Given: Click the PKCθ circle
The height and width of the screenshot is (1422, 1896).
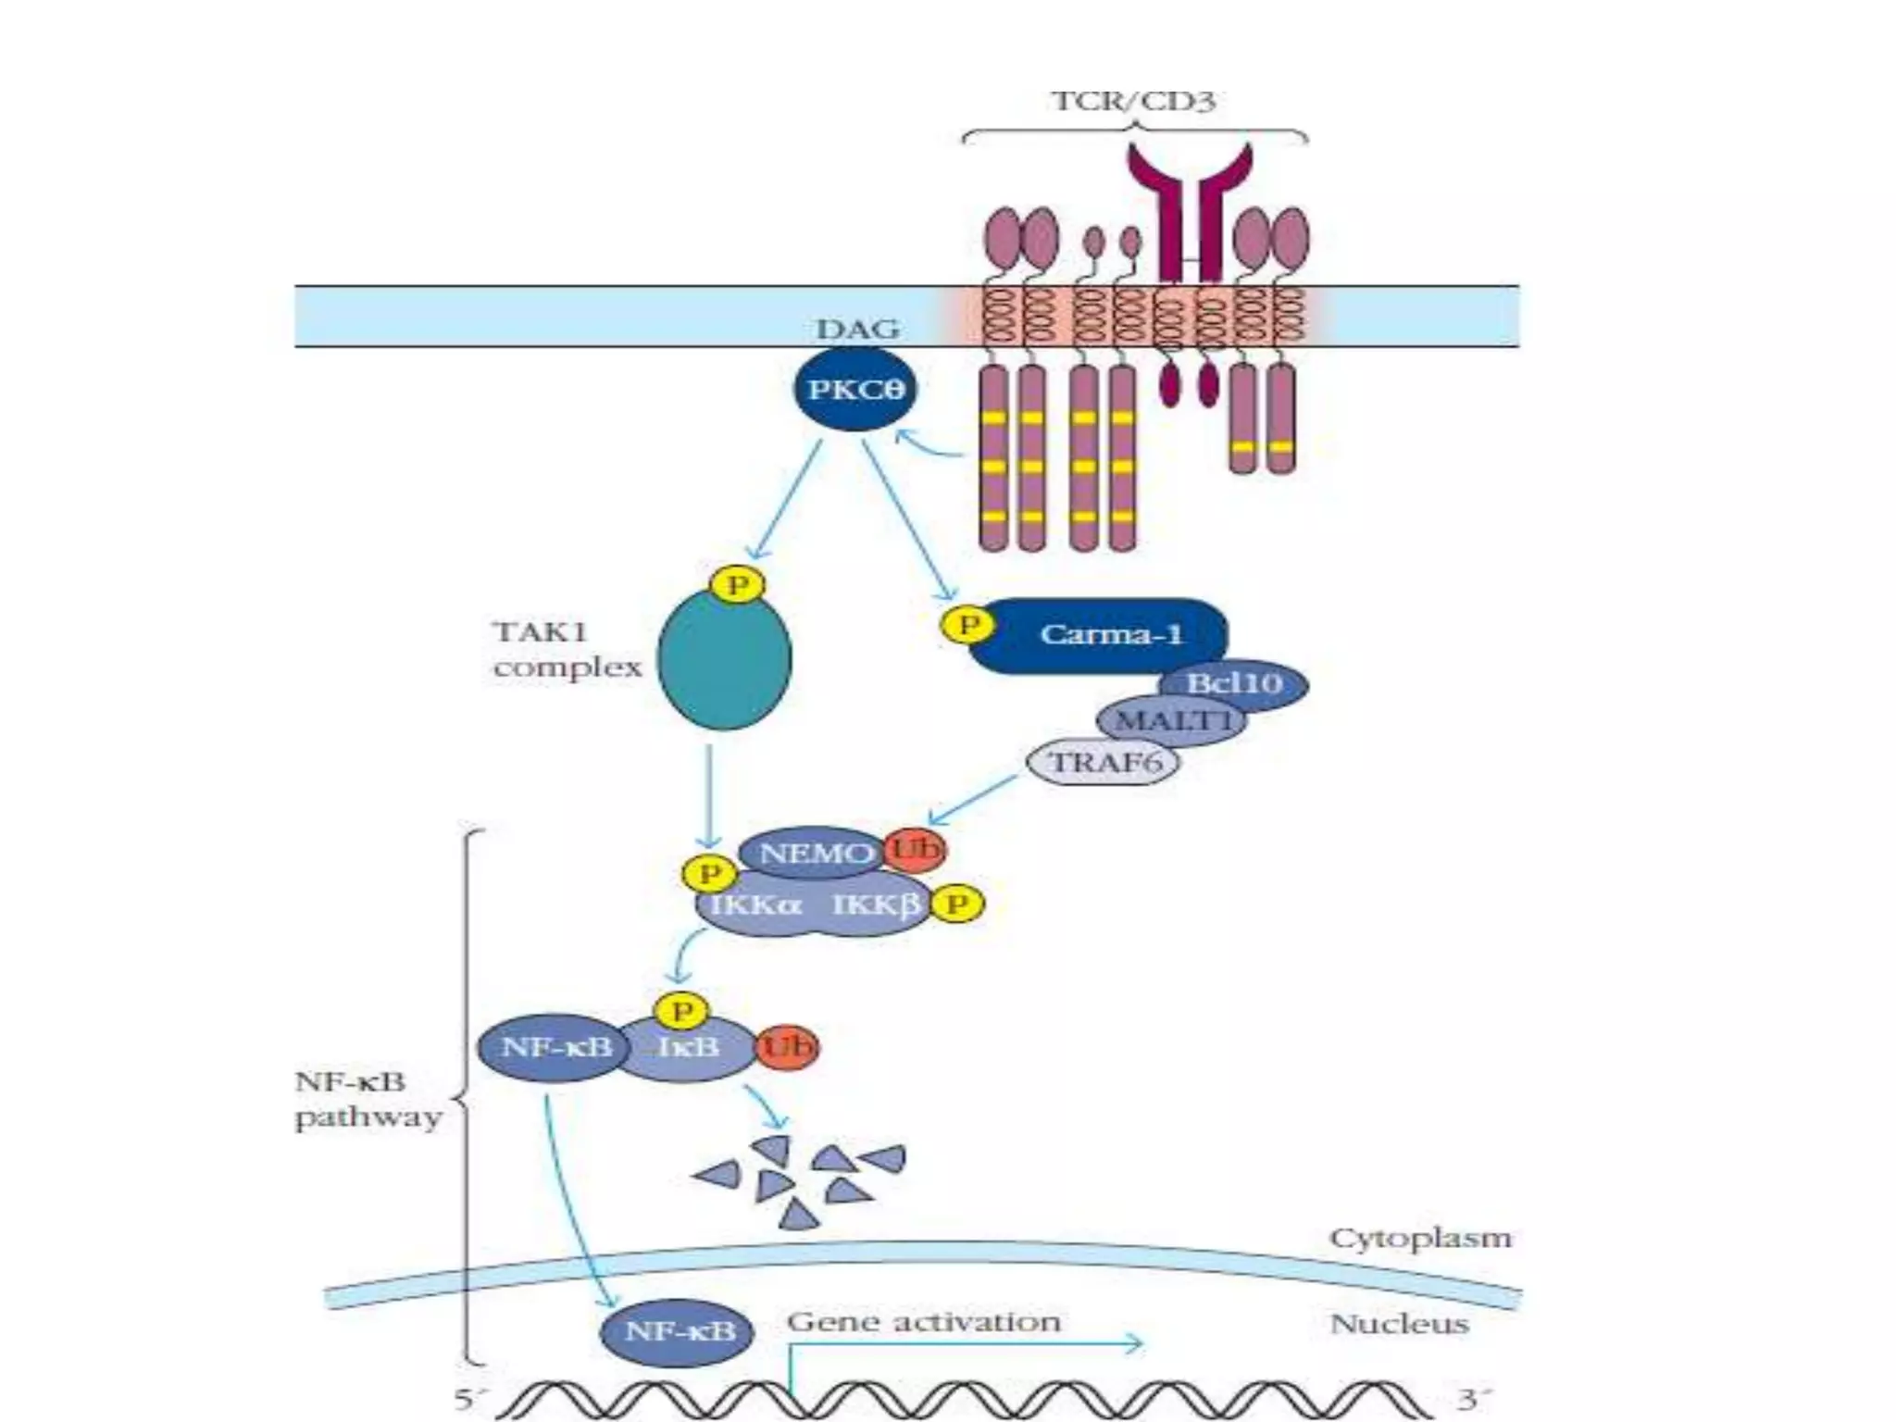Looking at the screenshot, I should [x=854, y=389].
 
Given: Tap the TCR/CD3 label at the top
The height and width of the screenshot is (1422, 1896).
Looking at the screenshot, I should [x=1133, y=100].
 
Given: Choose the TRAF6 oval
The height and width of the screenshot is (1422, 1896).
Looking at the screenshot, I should [x=1104, y=763].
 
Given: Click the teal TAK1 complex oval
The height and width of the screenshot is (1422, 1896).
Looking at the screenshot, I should [x=724, y=659].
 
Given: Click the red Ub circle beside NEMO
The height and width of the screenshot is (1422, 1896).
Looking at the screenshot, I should [x=915, y=849].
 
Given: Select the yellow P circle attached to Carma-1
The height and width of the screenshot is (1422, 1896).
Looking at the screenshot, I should [x=968, y=625].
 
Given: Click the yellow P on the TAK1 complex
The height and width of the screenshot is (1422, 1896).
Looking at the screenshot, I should [x=737, y=585].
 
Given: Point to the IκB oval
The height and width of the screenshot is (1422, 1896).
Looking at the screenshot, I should [x=690, y=1048].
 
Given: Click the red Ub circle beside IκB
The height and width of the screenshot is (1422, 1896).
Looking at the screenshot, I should [x=787, y=1047].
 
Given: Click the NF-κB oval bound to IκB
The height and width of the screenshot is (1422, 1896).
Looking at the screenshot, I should [x=554, y=1048].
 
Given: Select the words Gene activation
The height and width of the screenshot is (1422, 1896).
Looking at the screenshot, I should [x=923, y=1321].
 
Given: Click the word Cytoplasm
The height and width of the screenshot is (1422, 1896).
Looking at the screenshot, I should [x=1419, y=1238].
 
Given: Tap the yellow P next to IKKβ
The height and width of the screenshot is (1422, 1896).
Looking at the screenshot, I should [x=956, y=904].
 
